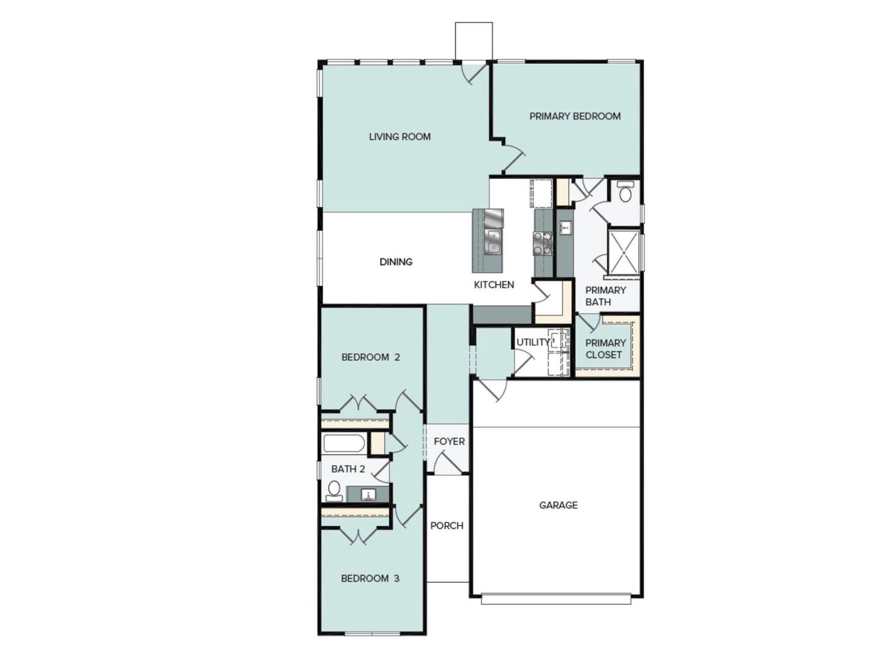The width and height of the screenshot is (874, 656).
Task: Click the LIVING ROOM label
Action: [x=399, y=137]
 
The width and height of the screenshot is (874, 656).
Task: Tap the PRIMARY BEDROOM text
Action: [x=575, y=116]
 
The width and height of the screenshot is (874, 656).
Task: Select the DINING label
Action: [x=396, y=262]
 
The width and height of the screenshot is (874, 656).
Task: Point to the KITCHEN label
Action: [x=494, y=284]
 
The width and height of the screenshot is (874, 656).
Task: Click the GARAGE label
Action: [x=558, y=505]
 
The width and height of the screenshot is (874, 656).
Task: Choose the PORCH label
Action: [x=447, y=525]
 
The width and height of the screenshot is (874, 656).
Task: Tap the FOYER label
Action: [x=449, y=441]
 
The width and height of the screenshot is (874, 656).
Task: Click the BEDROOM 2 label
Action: [x=370, y=357]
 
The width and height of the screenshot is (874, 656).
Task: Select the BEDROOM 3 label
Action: [x=370, y=578]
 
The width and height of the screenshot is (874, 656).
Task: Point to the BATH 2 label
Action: [x=348, y=469]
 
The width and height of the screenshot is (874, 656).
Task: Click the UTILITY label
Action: [x=533, y=342]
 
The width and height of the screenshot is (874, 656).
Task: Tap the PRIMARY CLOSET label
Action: [x=605, y=348]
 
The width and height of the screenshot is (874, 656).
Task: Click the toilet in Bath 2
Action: [x=334, y=491]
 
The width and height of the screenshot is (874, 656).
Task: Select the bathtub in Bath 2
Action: [x=344, y=444]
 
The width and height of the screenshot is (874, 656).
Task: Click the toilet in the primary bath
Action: [x=624, y=193]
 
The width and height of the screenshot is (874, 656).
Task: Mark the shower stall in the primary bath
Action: [x=623, y=253]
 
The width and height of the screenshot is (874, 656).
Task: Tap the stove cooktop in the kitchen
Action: [x=543, y=243]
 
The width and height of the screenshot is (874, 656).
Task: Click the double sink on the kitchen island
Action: [x=492, y=241]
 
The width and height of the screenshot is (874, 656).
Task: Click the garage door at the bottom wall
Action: [x=556, y=599]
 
